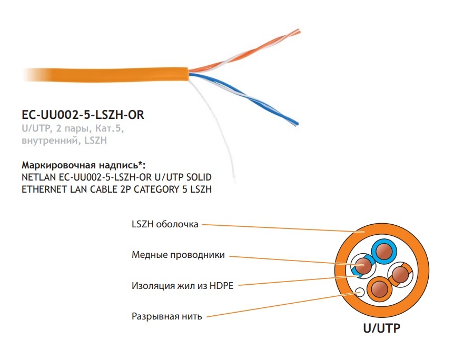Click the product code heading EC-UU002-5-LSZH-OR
pyautogui.click(x=83, y=115)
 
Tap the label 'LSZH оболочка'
pyautogui.click(x=165, y=224)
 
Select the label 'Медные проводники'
pyautogui.click(x=178, y=255)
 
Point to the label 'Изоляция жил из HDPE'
pyautogui.click(x=182, y=286)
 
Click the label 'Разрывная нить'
pyautogui.click(x=167, y=316)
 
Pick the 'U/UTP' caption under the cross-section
pyautogui.click(x=382, y=328)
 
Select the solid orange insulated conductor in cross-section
pyautogui.click(x=379, y=289)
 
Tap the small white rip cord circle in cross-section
pyautogui.click(x=360, y=292)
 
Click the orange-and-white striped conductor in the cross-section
pyautogui.click(x=400, y=274)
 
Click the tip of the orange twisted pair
pyautogui.click(x=299, y=31)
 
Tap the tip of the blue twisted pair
pyautogui.click(x=297, y=123)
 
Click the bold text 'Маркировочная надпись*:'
pyautogui.click(x=83, y=165)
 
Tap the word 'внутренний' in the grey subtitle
pyautogui.click(x=50, y=141)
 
